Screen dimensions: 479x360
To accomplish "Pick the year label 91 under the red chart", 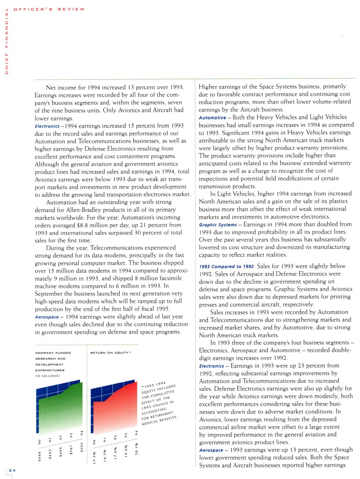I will [x=104, y=435].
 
